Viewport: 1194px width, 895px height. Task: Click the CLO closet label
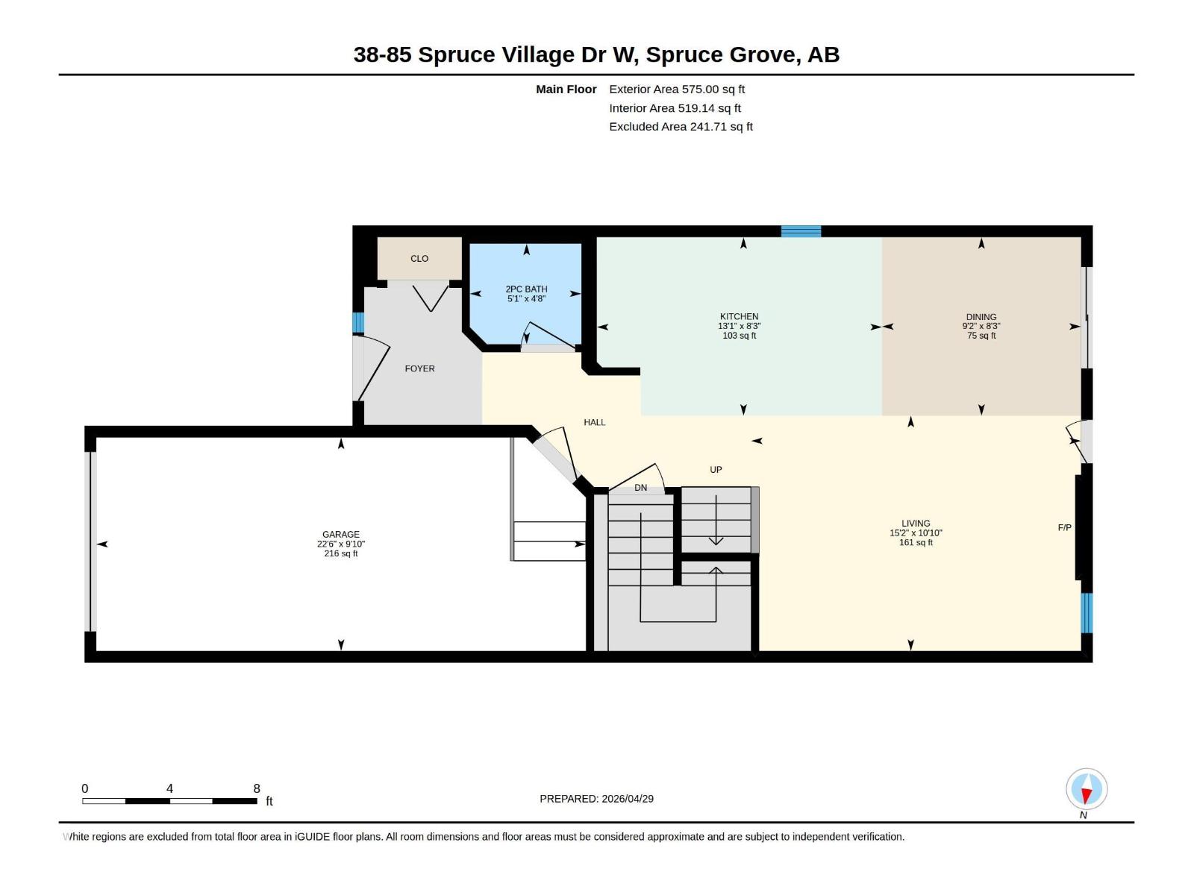click(x=419, y=259)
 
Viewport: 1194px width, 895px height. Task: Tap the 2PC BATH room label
click(x=526, y=289)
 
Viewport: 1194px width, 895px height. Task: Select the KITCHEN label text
click(x=739, y=316)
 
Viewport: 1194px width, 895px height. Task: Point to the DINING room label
click(x=981, y=317)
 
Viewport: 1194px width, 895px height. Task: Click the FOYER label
click(x=419, y=368)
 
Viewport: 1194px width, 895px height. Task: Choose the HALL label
click(x=594, y=422)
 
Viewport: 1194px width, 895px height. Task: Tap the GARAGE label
click(x=340, y=534)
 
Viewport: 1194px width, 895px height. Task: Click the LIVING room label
click(x=915, y=524)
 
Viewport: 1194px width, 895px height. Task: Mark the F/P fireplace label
click(x=1064, y=527)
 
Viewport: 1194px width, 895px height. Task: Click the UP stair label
click(x=716, y=470)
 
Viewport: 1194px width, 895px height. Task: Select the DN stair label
click(x=640, y=488)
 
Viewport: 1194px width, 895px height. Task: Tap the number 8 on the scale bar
click(x=257, y=788)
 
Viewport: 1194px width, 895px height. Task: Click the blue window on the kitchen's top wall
click(x=801, y=231)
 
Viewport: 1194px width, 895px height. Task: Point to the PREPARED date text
click(x=596, y=798)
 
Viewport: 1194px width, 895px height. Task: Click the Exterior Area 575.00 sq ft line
click(x=676, y=89)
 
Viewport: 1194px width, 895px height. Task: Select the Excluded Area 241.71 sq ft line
click(x=680, y=127)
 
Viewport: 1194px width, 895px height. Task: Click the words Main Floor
click(x=566, y=89)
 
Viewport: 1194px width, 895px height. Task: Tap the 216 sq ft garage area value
click(x=340, y=553)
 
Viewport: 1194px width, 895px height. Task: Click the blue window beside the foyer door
click(x=357, y=322)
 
